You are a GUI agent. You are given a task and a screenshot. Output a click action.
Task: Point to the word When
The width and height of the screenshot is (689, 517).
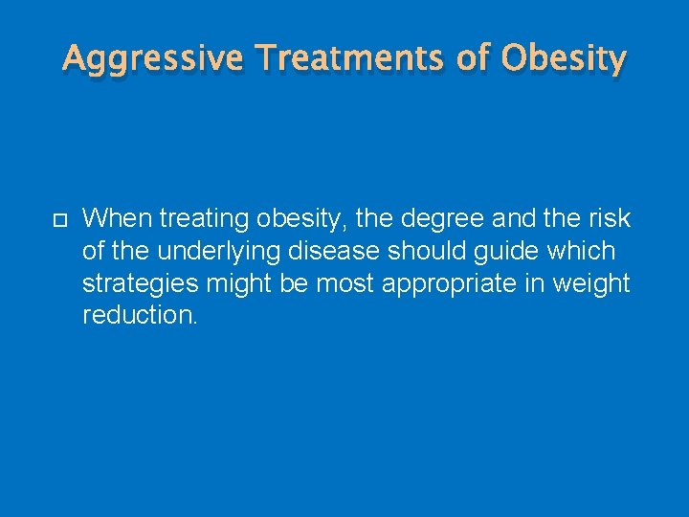point(117,218)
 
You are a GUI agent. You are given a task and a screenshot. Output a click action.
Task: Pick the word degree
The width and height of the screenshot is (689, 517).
point(442,219)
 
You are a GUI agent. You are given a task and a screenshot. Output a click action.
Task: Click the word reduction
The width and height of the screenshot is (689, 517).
point(140,316)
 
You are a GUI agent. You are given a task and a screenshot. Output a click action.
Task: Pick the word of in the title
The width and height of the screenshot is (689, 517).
point(473,59)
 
